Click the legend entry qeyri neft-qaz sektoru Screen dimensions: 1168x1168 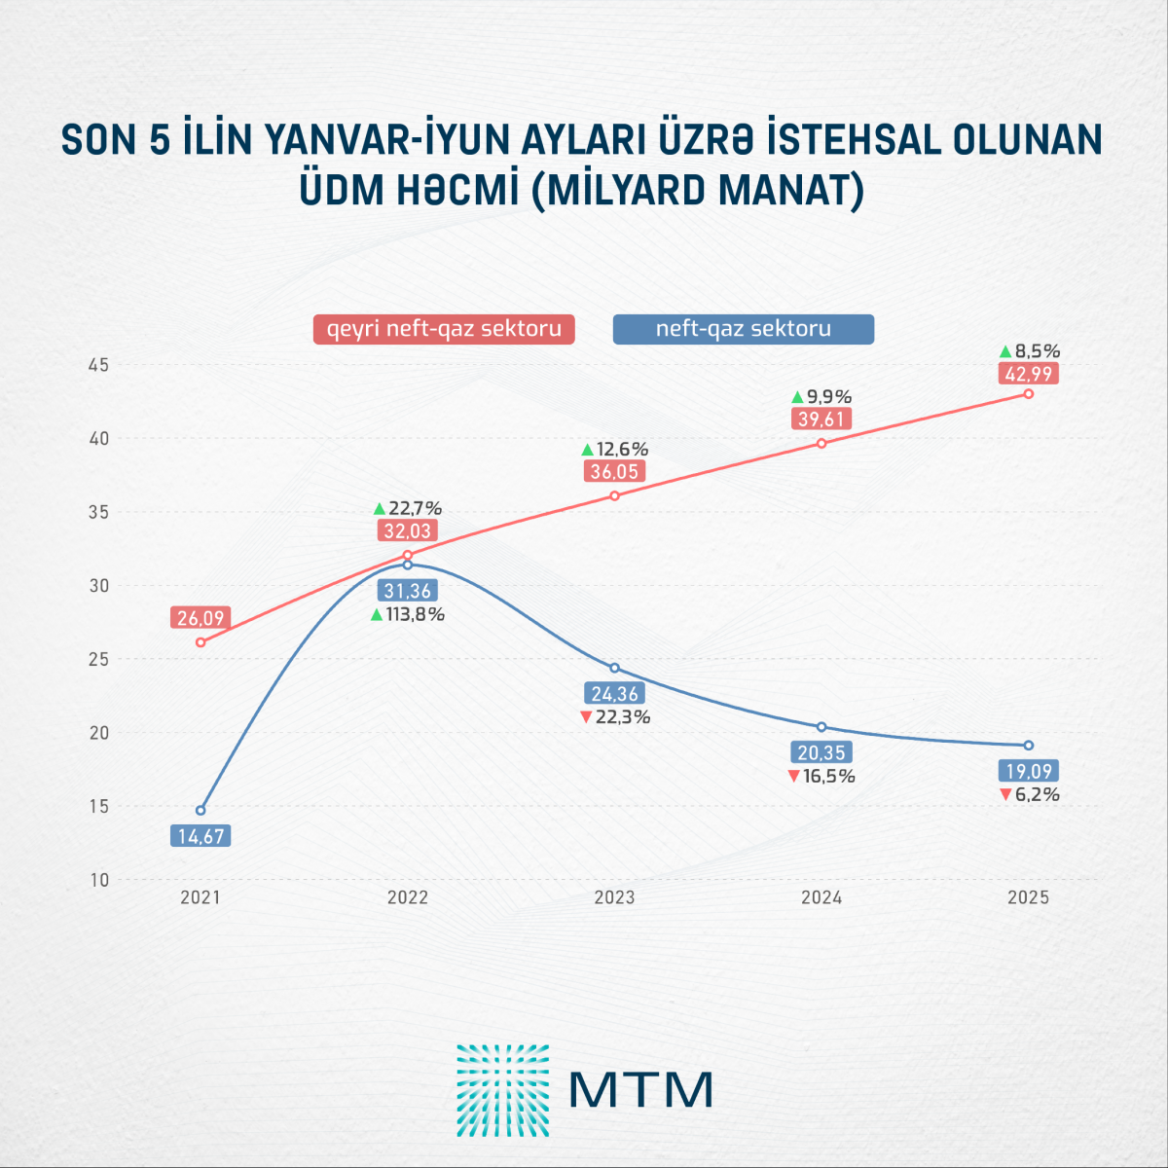coord(444,329)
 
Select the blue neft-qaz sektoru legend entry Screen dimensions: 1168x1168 coord(744,329)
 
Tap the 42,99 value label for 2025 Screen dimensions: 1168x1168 coord(1028,374)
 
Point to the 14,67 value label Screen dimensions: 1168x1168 coord(201,835)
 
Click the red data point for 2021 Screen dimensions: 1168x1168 coord(201,642)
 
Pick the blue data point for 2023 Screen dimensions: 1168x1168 coord(614,668)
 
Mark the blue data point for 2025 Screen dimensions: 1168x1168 coord(1029,746)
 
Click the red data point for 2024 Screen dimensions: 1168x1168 coord(821,443)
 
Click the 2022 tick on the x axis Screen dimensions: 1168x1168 coord(407,897)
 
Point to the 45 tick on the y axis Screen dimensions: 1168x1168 coord(99,365)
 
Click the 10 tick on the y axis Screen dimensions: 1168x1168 coord(99,880)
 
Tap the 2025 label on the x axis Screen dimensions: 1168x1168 coord(1028,897)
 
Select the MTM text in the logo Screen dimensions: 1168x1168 coord(641,1089)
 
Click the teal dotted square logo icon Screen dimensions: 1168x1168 coord(503,1090)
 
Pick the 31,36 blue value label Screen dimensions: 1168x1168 coord(407,591)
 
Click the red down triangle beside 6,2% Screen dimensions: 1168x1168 coord(1006,795)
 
